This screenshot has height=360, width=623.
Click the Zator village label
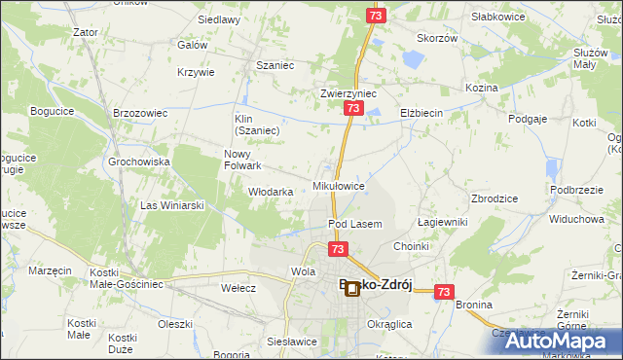tap(86, 32)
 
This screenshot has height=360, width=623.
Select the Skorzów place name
tap(437, 38)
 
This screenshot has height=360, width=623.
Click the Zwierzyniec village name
tap(348, 93)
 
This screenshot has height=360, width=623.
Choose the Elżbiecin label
tap(421, 113)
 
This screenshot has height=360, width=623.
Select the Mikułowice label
tap(339, 185)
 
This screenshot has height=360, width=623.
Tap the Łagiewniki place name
tap(443, 222)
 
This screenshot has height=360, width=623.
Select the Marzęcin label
tap(51, 270)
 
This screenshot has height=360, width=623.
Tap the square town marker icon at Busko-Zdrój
tap(351, 288)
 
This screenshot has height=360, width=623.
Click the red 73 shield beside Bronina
tap(445, 291)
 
